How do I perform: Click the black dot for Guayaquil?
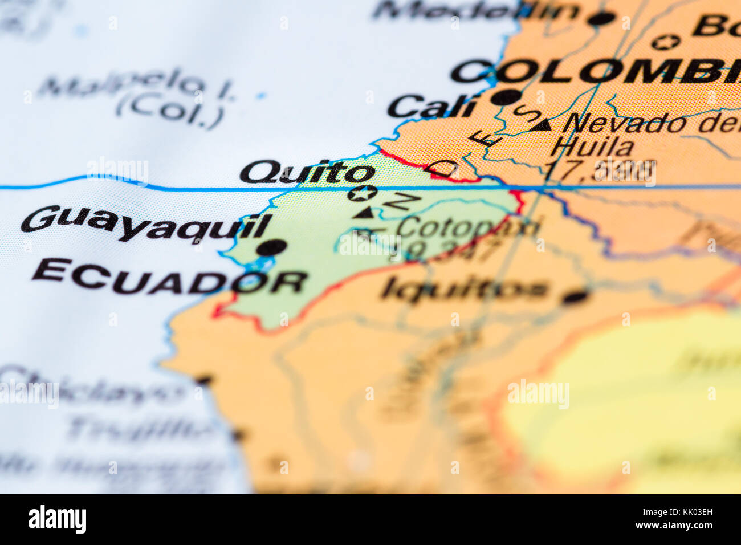click(271, 247)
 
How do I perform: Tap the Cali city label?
click(431, 107)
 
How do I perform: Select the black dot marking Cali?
click(506, 97)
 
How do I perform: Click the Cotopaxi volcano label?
click(467, 227)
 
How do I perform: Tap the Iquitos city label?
click(465, 289)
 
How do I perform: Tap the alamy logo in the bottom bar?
click(57, 519)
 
